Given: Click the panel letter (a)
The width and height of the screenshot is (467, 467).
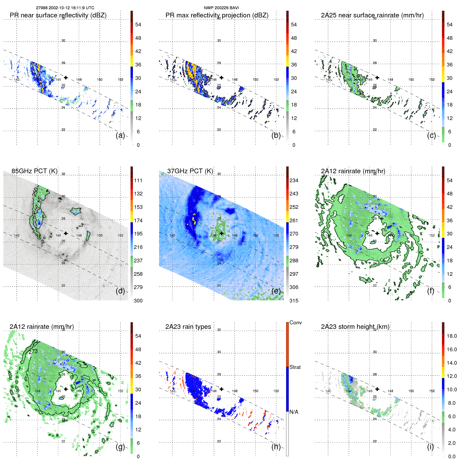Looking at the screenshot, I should tap(120, 136).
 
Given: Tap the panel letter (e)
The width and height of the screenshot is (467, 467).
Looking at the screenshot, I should tap(276, 291).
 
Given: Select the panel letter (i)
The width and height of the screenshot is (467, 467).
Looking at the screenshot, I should tap(430, 447).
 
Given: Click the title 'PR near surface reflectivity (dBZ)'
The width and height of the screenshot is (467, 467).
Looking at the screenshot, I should tap(58, 15).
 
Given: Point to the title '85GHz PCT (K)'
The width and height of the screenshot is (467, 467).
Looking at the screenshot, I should tap(34, 171).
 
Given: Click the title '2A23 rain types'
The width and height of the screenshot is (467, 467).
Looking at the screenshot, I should tap(188, 327).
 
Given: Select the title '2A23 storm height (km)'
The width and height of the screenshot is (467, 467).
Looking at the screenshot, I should tap(355, 327).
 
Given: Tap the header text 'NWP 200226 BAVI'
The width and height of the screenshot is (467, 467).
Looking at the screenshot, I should tap(221, 8).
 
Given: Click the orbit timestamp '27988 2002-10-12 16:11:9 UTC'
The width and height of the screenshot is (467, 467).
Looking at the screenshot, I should tap(65, 8).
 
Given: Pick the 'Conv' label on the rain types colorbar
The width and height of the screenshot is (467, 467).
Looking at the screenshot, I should tap(295, 323).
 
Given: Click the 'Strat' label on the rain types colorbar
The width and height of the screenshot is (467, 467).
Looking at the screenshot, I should tap(295, 367).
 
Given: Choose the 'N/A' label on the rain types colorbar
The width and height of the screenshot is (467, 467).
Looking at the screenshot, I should tap(294, 412).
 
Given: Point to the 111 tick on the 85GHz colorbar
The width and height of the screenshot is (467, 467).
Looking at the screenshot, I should tap(138, 181).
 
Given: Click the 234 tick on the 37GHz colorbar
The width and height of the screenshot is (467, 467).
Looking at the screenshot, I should tap(294, 181).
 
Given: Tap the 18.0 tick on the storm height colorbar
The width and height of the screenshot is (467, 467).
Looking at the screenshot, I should tap(451, 336).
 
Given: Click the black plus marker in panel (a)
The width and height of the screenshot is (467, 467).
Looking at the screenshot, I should tap(66, 78).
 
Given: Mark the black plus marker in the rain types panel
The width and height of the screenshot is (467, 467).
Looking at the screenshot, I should tap(222, 389).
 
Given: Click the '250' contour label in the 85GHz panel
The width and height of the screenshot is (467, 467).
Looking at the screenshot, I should tap(35, 192).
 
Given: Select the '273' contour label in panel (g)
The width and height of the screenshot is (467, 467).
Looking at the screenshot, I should tap(33, 352).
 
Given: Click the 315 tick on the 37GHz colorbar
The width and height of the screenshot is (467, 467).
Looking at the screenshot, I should tap(294, 301).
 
